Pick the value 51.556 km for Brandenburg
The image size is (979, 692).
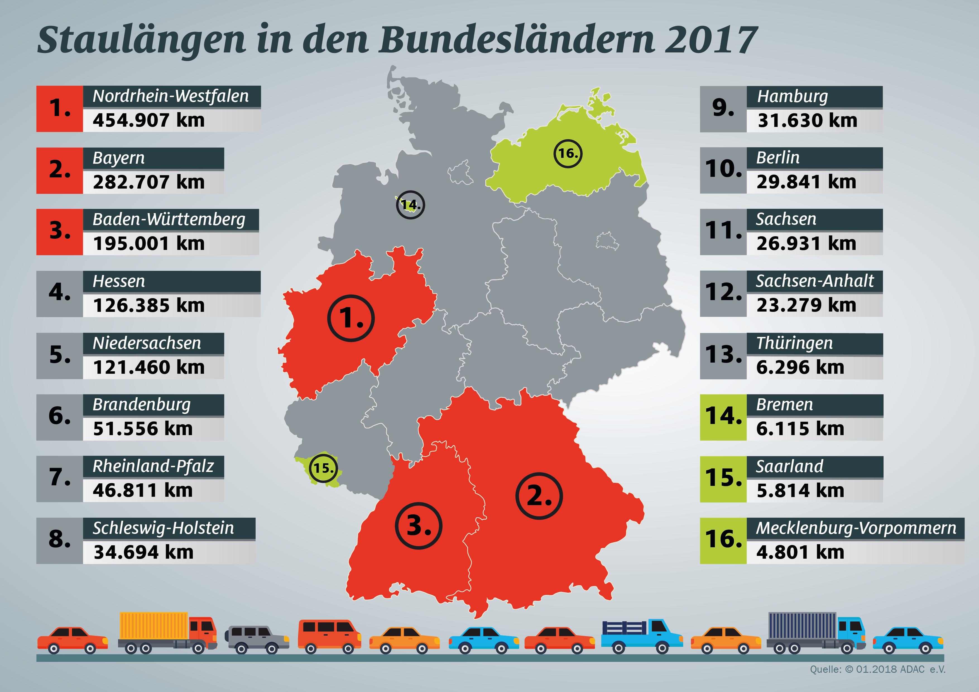(143, 429)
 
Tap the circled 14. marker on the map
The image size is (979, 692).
(410, 205)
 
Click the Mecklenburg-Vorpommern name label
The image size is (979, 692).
(856, 528)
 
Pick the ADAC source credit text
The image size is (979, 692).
(877, 669)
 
